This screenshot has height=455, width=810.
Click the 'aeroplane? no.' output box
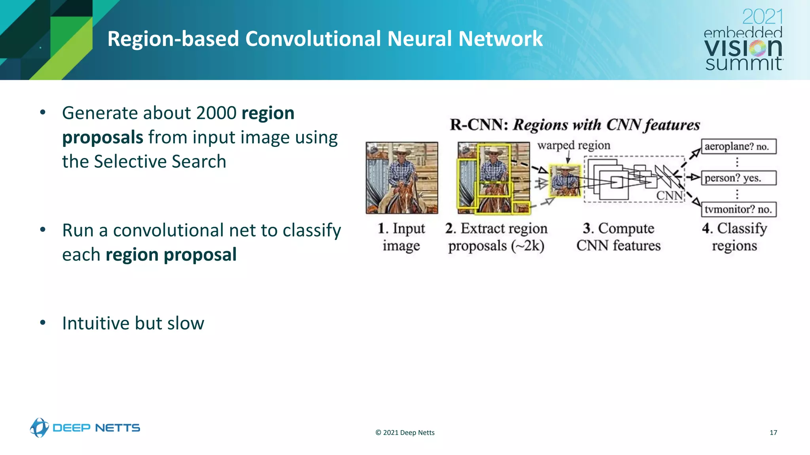[x=738, y=147]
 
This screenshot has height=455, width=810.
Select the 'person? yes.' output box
[x=738, y=178]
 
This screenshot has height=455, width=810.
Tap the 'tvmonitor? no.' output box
[x=738, y=209]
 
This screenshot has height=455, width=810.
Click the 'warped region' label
[x=573, y=145]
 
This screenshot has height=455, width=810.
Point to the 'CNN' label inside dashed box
[x=669, y=196]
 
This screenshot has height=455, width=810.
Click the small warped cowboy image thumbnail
[x=565, y=181]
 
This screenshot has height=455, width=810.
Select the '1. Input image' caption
[x=401, y=237]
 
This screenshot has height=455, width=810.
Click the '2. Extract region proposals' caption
[x=496, y=237]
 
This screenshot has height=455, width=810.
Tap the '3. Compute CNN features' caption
[x=618, y=237]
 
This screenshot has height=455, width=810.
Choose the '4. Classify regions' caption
[x=734, y=237]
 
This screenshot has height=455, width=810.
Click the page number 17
[x=773, y=432]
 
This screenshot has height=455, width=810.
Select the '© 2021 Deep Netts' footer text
[x=405, y=432]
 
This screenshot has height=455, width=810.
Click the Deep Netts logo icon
[x=39, y=428]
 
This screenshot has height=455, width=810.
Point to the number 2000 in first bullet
[x=216, y=113]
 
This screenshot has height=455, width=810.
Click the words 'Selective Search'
[x=160, y=162]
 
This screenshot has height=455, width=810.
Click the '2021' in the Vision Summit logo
[x=762, y=17]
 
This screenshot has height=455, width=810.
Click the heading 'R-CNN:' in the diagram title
[x=479, y=125]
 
